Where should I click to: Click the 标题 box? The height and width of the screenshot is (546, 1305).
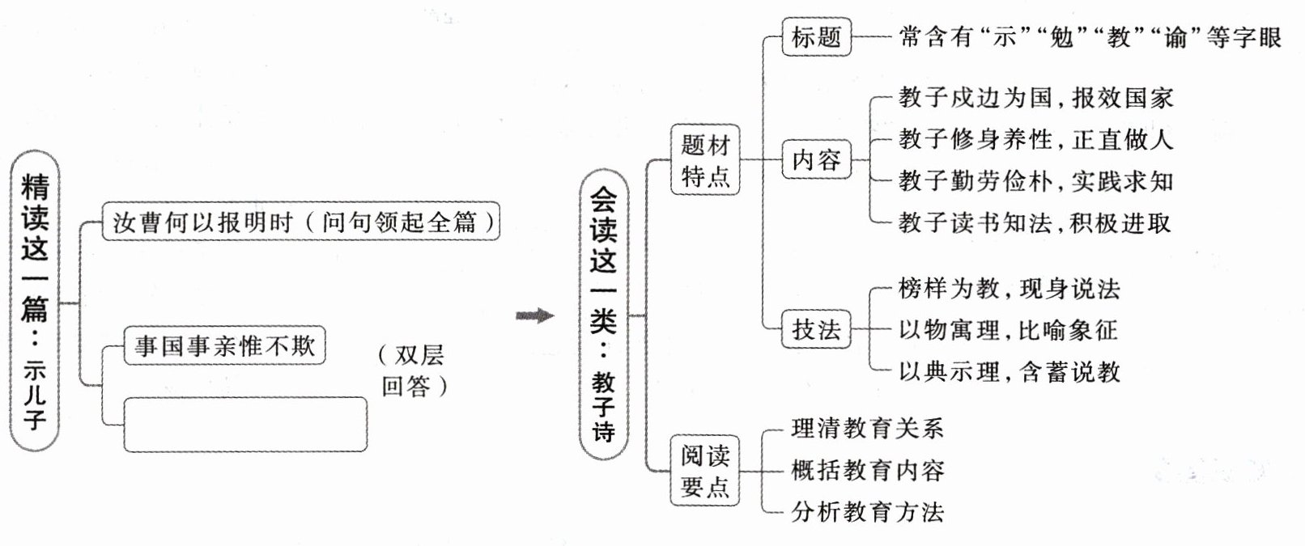coord(816,37)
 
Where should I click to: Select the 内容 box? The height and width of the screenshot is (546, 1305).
coord(816,159)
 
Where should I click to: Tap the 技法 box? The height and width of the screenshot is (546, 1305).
coord(816,330)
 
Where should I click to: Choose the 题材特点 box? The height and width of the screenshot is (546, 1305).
coord(705,159)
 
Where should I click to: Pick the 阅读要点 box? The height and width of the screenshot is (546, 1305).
coord(705,471)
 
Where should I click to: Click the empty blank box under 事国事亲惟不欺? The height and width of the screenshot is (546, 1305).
coord(245,424)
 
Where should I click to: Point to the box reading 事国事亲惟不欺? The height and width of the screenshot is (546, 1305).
coord(224,346)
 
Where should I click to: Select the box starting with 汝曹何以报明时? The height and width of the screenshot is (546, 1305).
coord(301,221)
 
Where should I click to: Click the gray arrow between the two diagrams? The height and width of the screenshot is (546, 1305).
coord(535,315)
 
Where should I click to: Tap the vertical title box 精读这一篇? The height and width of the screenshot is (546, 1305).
coord(35,301)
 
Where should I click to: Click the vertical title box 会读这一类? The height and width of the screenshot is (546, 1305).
coord(603,315)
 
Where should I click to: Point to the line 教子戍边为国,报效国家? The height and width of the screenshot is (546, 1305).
coord(1035,98)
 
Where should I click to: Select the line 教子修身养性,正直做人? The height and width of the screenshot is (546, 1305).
coord(1035,139)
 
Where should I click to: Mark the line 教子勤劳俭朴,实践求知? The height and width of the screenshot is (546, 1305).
coord(1035,181)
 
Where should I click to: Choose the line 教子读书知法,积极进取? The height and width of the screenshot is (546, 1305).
coord(1035,222)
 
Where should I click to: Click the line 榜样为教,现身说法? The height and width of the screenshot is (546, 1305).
coord(1009,289)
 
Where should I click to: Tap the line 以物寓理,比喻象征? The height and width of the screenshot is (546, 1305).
coord(1008,330)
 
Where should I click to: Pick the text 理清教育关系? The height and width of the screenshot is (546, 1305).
coord(867,428)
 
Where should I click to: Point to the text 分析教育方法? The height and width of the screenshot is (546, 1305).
coord(867,511)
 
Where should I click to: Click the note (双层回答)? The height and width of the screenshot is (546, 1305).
coord(413,370)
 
